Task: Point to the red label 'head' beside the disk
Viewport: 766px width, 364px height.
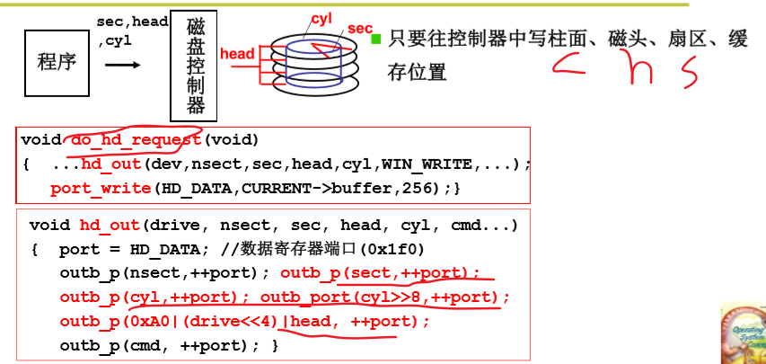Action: click(x=237, y=54)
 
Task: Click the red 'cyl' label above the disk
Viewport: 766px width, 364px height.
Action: click(x=321, y=17)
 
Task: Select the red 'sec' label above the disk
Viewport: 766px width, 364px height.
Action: click(x=359, y=29)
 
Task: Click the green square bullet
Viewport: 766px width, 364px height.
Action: click(x=377, y=39)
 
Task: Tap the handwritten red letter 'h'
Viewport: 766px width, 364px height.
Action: click(x=640, y=68)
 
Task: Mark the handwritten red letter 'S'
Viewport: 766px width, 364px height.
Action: click(x=690, y=72)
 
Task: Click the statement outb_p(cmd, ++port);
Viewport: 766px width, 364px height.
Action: click(x=170, y=344)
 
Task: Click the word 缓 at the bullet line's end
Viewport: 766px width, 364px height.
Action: click(x=738, y=40)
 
